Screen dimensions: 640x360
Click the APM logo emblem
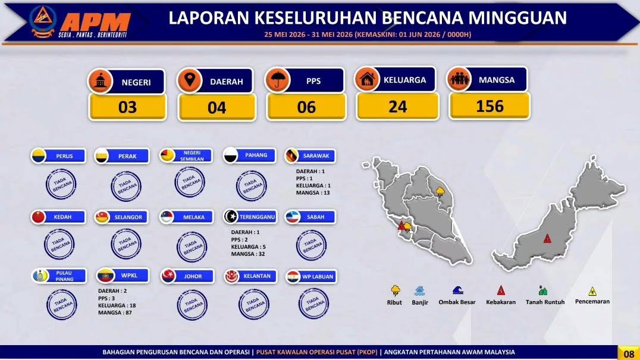pyautogui.click(x=43, y=21)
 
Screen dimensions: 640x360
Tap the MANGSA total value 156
pyautogui.click(x=490, y=107)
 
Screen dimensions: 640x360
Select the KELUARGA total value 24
pyautogui.click(x=397, y=107)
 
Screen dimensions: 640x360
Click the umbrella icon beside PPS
pyautogui.click(x=277, y=80)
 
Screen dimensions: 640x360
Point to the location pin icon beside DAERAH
pyautogui.click(x=189, y=80)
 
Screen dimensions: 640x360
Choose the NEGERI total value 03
pyautogui.click(x=127, y=107)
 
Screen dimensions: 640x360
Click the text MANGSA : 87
pyautogui.click(x=115, y=312)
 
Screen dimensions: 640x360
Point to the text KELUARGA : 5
pyautogui.click(x=248, y=247)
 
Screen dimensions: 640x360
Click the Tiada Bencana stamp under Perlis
pyautogui.click(x=61, y=184)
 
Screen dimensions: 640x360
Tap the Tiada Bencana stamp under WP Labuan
pyautogui.click(x=313, y=303)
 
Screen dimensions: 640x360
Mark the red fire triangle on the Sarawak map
pyautogui.click(x=547, y=239)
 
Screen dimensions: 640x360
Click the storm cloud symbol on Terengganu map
pyautogui.click(x=440, y=192)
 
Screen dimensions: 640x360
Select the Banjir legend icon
pyautogui.click(x=419, y=290)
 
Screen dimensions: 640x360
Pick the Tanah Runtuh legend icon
pyautogui.click(x=542, y=290)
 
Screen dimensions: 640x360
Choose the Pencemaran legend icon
pyautogui.click(x=592, y=291)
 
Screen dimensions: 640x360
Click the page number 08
pyautogui.click(x=629, y=353)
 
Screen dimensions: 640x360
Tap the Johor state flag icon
pyautogui.click(x=168, y=276)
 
